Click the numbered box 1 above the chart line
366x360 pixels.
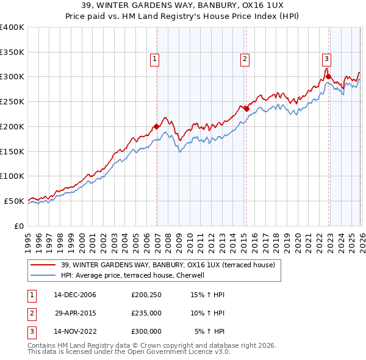[x=155, y=59]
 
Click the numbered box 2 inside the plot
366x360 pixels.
[x=245, y=59]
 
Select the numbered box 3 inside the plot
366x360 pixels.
[x=326, y=59]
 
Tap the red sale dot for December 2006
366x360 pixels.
[x=157, y=126]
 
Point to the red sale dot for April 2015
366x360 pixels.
[x=247, y=109]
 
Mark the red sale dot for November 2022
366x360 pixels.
[x=328, y=77]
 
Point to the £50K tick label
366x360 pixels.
[x=15, y=201]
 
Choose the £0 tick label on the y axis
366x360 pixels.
[x=19, y=226]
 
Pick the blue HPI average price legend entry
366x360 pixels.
[x=135, y=275]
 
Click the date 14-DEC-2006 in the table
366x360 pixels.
[x=76, y=295]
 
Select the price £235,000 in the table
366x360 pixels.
[x=146, y=313]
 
